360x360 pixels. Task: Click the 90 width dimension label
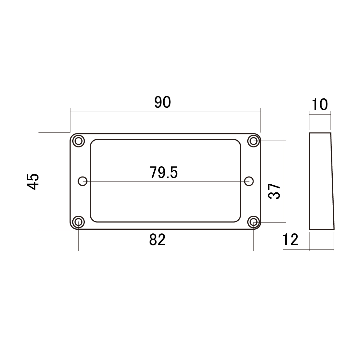[x=163, y=102]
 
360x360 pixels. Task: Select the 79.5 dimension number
[x=164, y=173]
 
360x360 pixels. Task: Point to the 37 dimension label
[x=274, y=191]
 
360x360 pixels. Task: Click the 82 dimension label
[x=157, y=240]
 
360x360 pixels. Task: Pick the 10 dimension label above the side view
[x=320, y=105]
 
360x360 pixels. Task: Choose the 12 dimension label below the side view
[x=290, y=240]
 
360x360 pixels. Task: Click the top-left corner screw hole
[x=79, y=141]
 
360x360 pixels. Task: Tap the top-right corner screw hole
[x=254, y=141]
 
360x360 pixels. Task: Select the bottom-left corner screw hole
[x=79, y=222]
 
